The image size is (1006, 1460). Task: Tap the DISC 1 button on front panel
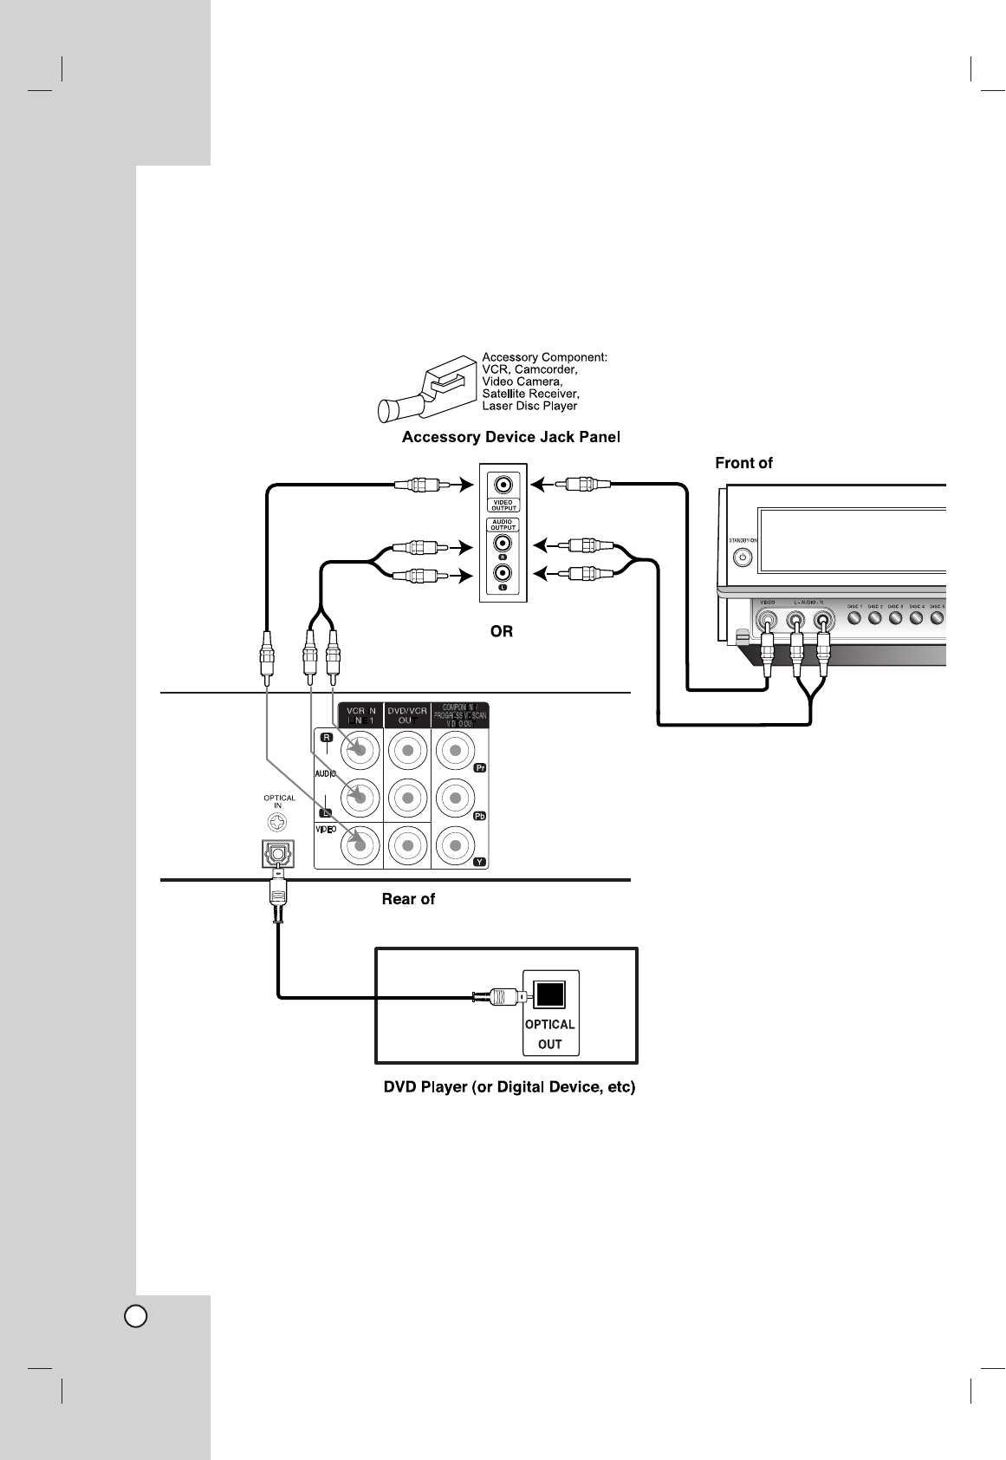(x=853, y=618)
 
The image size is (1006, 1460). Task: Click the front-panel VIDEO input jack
(x=767, y=620)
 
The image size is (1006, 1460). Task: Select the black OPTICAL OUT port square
(x=550, y=994)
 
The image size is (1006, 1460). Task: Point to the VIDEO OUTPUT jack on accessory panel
(x=503, y=486)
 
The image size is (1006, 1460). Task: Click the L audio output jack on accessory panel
(x=503, y=574)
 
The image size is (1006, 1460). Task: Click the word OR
(x=502, y=632)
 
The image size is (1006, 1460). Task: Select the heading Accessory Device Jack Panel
(x=511, y=437)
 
